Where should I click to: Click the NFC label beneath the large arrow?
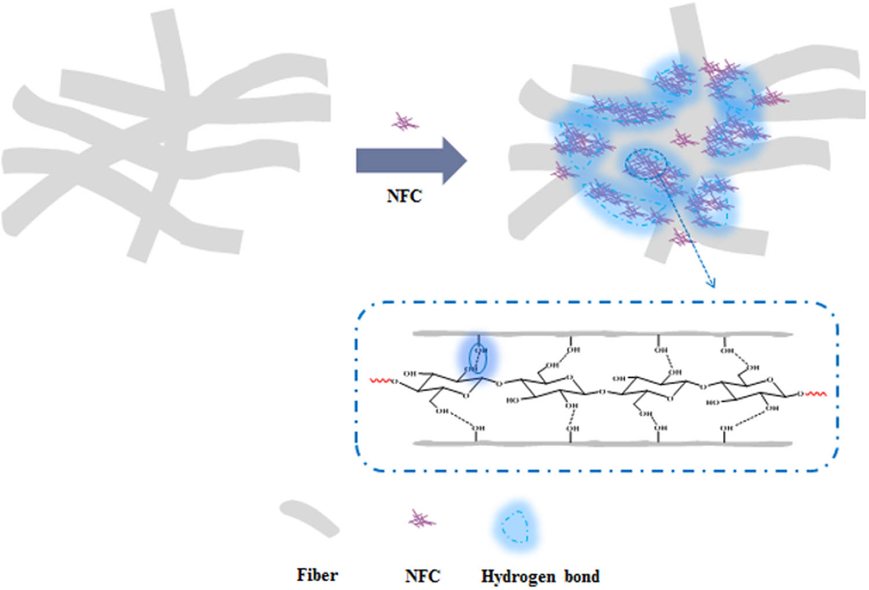pyautogui.click(x=404, y=196)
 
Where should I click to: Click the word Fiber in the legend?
pyautogui.click(x=317, y=575)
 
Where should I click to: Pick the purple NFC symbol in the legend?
pyautogui.click(x=421, y=519)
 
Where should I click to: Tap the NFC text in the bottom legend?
pyautogui.click(x=422, y=576)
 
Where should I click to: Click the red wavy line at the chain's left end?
pyautogui.click(x=381, y=381)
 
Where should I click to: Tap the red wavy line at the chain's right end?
pyautogui.click(x=816, y=394)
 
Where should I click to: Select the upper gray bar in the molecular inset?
pyautogui.click(x=603, y=334)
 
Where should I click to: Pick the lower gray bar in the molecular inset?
pyautogui.click(x=603, y=444)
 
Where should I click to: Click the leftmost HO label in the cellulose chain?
pyautogui.click(x=512, y=400)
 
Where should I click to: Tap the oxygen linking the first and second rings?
pyautogui.click(x=501, y=383)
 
